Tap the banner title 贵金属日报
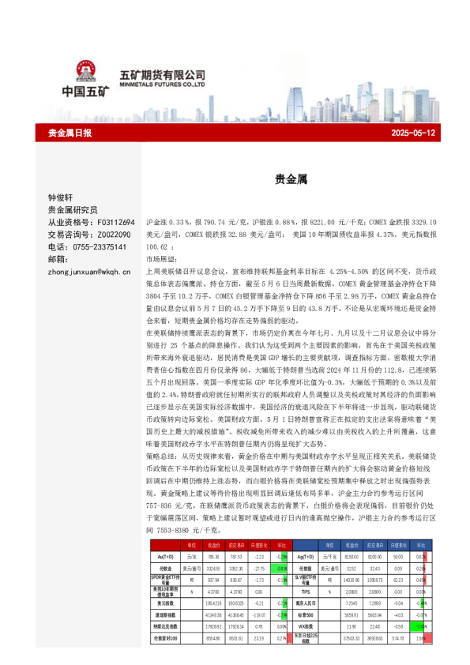pos(70,133)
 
